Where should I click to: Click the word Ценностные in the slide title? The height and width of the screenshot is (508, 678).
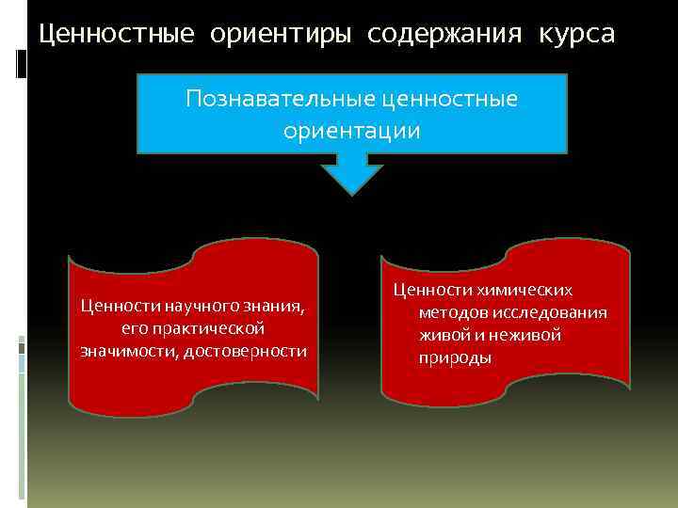pyautogui.click(x=116, y=35)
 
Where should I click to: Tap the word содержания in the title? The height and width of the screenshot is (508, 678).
pyautogui.click(x=444, y=35)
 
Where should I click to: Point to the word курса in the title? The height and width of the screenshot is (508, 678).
pyautogui.click(x=577, y=35)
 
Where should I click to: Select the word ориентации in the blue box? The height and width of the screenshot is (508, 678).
pyautogui.click(x=352, y=131)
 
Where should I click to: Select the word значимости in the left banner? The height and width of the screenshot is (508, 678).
pyautogui.click(x=123, y=351)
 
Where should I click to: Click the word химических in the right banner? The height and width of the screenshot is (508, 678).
pyautogui.click(x=525, y=291)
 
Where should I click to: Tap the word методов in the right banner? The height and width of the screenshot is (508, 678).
pyautogui.click(x=451, y=312)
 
